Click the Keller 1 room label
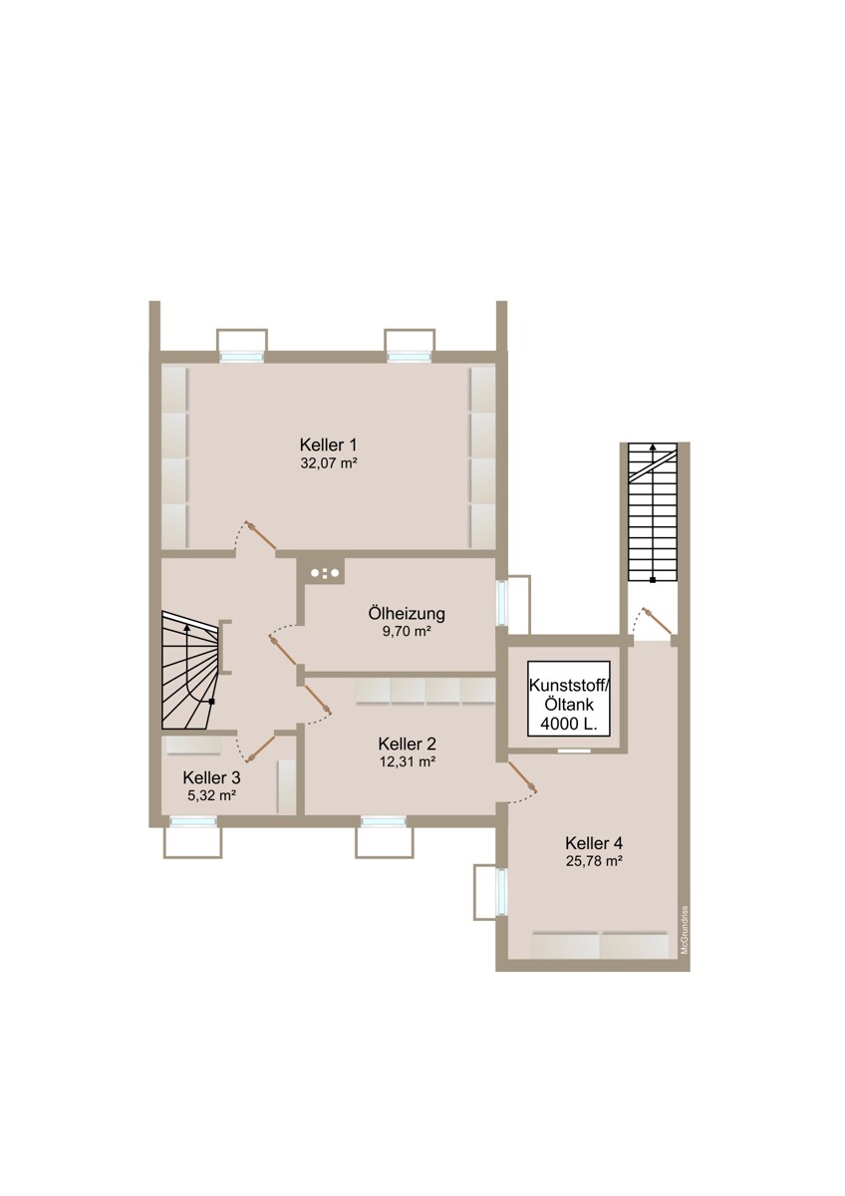tap(328, 445)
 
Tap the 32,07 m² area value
tap(328, 463)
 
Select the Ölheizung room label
tap(407, 614)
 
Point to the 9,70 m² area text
tap(407, 632)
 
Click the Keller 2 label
tap(407, 744)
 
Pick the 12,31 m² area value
tap(407, 761)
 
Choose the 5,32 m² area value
tap(212, 795)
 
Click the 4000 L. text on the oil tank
tap(569, 725)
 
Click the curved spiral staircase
tap(190, 672)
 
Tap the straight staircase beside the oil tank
tap(653, 512)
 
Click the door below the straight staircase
tap(658, 622)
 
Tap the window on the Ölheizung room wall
tap(502, 603)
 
